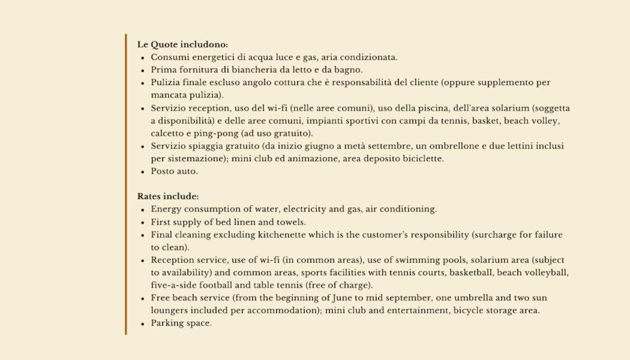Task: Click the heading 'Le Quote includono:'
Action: [182, 44]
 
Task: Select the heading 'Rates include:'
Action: [168, 196]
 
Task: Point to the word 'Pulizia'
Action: [164, 82]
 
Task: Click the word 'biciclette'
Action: [422, 159]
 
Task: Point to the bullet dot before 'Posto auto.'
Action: [143, 172]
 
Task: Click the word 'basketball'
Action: [470, 273]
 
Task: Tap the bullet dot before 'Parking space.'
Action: [143, 323]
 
